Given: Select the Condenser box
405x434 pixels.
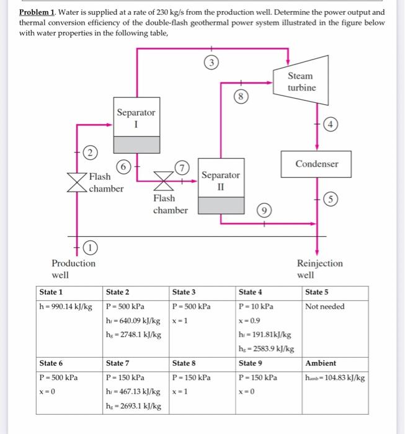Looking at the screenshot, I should click(317, 164).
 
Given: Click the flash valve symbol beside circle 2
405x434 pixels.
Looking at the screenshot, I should click(77, 180).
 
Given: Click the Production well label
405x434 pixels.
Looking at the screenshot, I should click(73, 268).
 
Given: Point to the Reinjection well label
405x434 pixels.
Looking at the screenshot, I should click(319, 268).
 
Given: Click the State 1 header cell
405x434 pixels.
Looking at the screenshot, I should click(51, 292).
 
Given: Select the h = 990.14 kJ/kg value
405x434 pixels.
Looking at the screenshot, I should click(66, 306).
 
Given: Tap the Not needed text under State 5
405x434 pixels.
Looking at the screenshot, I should click(324, 306).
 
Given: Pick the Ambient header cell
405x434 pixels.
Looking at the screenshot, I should click(321, 363).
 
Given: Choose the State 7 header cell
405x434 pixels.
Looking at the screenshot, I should click(118, 363).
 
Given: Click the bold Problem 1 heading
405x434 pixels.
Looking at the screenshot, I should click(38, 12).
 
